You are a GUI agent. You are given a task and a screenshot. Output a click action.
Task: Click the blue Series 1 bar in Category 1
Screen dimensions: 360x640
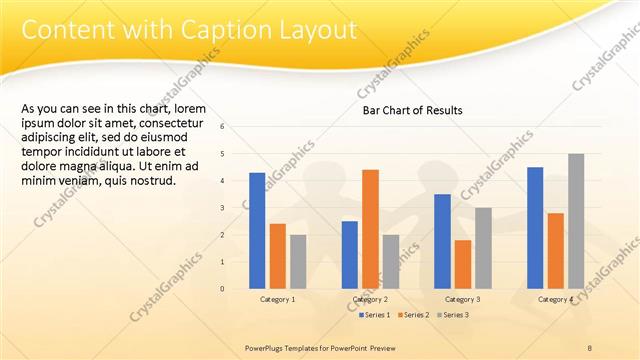[x=257, y=230]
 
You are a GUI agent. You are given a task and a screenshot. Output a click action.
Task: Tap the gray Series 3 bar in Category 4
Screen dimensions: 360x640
[x=576, y=221]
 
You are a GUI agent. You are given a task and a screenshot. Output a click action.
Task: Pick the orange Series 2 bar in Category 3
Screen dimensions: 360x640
[x=462, y=264]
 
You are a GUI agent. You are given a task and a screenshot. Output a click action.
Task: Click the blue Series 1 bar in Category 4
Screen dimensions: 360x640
[x=535, y=227]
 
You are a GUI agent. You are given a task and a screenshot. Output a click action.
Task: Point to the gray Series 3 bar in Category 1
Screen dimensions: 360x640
[x=298, y=261]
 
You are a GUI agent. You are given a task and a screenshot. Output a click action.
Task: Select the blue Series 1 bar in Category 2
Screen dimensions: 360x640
[x=350, y=254]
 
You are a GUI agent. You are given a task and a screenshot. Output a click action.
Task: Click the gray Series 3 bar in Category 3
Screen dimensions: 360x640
[x=483, y=248]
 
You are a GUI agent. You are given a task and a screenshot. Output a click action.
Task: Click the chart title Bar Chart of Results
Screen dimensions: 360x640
[x=412, y=111]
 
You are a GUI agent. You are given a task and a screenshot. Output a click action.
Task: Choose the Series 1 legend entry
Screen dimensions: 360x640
[x=375, y=315]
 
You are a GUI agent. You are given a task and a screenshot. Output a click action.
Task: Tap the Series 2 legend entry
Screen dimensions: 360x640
[x=412, y=315]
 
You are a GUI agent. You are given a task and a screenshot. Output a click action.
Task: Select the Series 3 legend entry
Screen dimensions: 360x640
[x=452, y=315]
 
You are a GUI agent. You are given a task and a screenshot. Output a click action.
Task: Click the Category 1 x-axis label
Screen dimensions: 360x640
[x=278, y=299]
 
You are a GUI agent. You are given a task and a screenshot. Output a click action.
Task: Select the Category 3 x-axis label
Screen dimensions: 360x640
[x=463, y=299]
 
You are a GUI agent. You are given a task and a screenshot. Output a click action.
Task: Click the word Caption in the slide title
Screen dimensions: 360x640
[x=211, y=31]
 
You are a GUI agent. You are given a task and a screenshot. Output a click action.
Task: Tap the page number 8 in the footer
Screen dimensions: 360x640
[x=589, y=347]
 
